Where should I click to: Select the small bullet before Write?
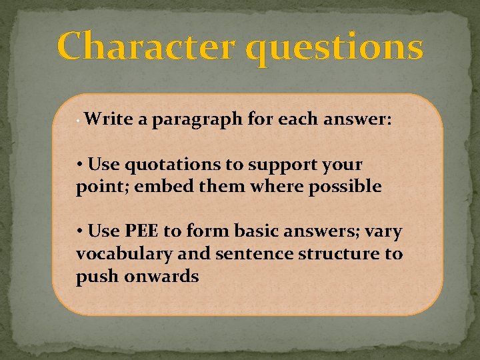[x=78, y=123]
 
